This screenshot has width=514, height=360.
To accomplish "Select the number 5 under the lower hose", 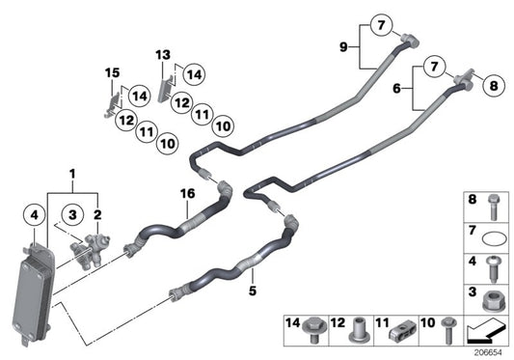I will (254, 287).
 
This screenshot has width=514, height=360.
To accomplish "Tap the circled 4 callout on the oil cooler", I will (34, 215).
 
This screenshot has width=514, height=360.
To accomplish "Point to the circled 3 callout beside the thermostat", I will (71, 215).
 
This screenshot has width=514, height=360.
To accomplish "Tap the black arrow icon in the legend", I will (486, 331).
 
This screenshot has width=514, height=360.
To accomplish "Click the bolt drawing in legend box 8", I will (491, 204).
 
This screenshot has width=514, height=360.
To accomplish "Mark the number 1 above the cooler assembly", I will (70, 174).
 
